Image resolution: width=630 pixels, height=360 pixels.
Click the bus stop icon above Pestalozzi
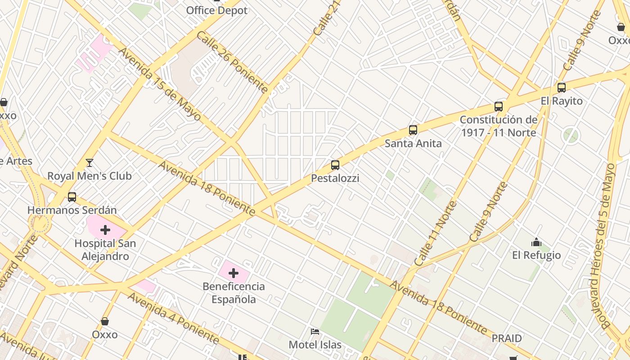pyautogui.click(x=335, y=165)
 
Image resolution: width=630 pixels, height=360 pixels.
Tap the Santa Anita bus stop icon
pyautogui.click(x=413, y=130)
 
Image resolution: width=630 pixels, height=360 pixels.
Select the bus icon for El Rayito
pyautogui.click(x=562, y=88)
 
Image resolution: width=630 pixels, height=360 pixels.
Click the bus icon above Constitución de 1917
pyautogui.click(x=499, y=107)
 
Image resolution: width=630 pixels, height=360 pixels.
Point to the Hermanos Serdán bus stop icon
pyautogui.click(x=72, y=197)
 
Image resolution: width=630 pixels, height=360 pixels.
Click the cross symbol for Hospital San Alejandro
pyautogui.click(x=105, y=230)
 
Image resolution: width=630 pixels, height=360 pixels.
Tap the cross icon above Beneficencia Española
pyautogui.click(x=234, y=273)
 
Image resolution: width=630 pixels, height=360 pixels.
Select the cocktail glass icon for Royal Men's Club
pyautogui.click(x=90, y=163)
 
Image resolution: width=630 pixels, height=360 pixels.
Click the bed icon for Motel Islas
pyautogui.click(x=315, y=332)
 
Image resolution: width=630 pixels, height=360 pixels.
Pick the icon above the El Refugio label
pyautogui.click(x=536, y=243)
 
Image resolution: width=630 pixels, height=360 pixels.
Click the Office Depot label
pyautogui.click(x=217, y=10)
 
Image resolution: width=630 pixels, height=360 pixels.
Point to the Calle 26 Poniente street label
pyautogui.click(x=232, y=62)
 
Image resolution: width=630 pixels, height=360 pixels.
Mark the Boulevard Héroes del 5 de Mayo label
pyautogui.click(x=606, y=245)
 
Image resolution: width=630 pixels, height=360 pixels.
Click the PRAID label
pyautogui.click(x=507, y=338)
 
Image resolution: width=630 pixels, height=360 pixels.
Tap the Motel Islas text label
pyautogui.click(x=315, y=345)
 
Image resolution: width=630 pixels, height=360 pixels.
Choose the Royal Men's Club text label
pyautogui.click(x=90, y=176)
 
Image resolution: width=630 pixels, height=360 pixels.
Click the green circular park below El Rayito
pyautogui.click(x=571, y=135)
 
